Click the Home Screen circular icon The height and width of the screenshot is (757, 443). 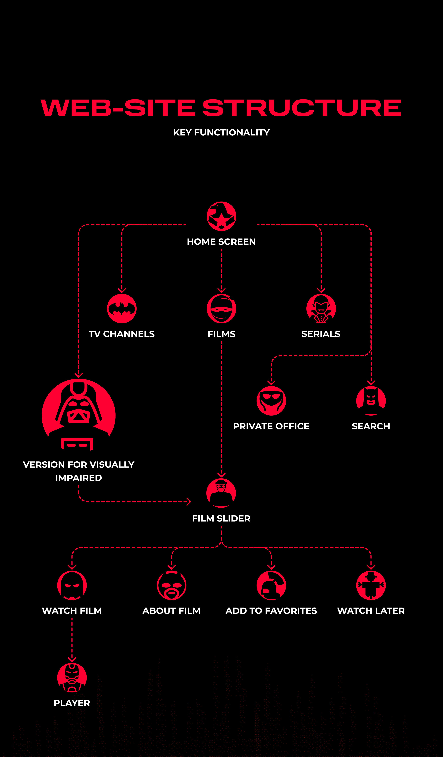click(221, 216)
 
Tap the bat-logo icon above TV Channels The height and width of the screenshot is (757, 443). click(122, 308)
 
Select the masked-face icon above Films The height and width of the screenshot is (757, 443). click(221, 308)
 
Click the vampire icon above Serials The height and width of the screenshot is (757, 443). click(321, 308)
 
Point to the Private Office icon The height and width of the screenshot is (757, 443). click(271, 401)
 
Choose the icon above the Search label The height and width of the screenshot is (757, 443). click(371, 401)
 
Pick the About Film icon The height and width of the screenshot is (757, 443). click(172, 585)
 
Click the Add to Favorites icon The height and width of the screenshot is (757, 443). click(271, 585)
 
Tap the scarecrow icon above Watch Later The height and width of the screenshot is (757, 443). click(371, 585)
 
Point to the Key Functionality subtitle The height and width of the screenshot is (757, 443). click(221, 133)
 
